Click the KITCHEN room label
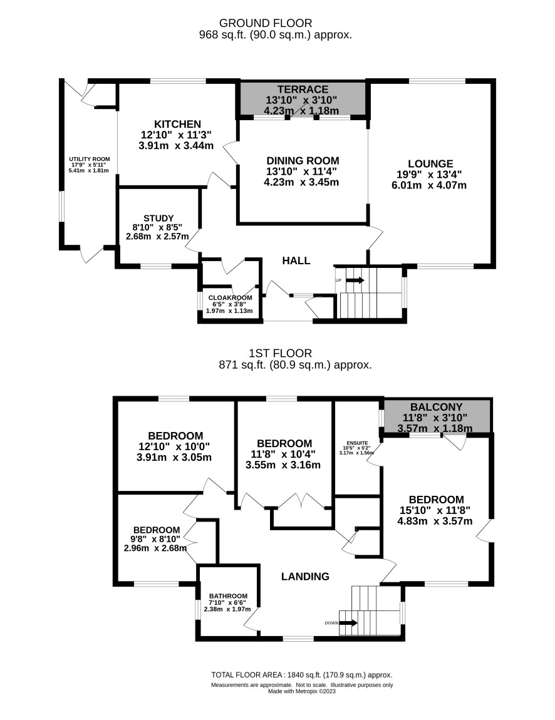tap(177, 124)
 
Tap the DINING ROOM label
tap(303, 161)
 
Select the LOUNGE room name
tap(430, 163)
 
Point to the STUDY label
tap(158, 218)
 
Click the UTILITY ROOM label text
tap(90, 159)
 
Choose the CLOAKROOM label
tap(230, 297)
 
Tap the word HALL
tap(296, 261)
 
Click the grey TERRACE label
tap(303, 89)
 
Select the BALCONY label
tap(437, 407)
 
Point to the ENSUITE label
tap(358, 443)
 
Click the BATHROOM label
tap(229, 596)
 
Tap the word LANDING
tap(305, 576)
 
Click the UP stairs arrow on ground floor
tap(355, 280)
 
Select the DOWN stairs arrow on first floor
tap(348, 623)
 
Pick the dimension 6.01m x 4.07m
tap(429, 185)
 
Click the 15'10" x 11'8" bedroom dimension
tap(435, 510)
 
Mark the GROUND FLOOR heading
tap(266, 23)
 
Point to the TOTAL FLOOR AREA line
tap(302, 675)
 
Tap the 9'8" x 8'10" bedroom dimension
tap(157, 539)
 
